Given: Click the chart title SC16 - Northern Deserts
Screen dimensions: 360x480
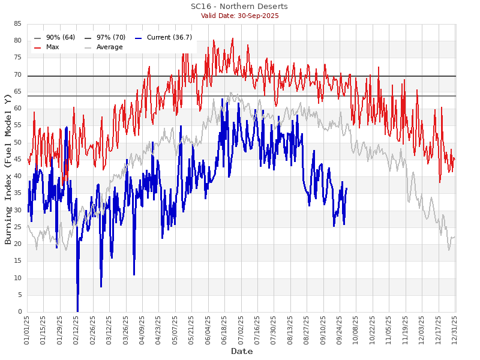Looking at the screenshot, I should click(239, 7).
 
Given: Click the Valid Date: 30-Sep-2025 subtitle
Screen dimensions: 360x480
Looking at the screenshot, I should click(239, 16).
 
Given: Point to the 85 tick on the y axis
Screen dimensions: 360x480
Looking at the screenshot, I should click(18, 24).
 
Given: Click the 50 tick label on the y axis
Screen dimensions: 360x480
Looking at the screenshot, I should click(18, 142).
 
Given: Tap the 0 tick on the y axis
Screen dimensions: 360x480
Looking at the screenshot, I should click(20, 312).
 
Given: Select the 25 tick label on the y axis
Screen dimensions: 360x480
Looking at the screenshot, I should click(18, 227).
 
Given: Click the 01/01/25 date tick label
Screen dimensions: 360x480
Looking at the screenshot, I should click(28, 331).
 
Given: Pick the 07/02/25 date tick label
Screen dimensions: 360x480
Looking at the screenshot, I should click(241, 331).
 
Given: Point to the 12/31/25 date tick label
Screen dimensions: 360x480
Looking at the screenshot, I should click(454, 331).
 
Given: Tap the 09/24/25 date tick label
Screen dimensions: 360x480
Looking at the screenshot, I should click(340, 331).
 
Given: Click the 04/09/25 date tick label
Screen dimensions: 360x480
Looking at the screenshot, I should click(143, 331).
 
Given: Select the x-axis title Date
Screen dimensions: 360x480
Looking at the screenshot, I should click(242, 351).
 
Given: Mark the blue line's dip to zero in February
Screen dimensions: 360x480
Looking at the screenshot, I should click(77, 311).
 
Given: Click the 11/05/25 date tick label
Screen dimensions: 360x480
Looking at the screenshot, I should click(389, 331).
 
